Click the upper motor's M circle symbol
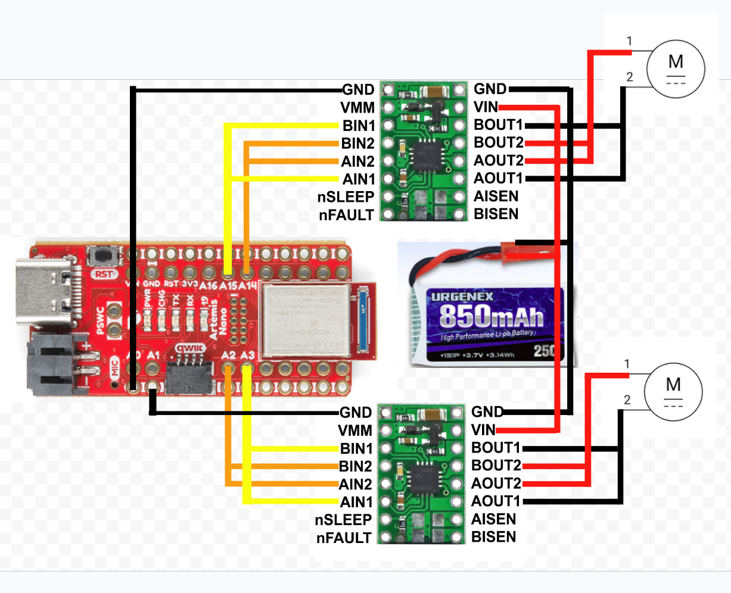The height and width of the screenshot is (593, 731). (676, 68)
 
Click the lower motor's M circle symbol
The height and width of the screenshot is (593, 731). (673, 392)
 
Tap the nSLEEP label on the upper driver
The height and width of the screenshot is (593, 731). (346, 197)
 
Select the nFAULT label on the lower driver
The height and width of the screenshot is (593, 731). (344, 538)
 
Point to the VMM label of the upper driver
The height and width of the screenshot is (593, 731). (357, 108)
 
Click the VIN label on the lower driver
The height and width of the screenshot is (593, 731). (483, 430)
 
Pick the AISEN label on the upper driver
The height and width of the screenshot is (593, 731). (496, 196)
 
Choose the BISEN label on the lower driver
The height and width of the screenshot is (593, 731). (493, 537)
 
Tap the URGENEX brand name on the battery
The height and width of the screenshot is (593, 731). (462, 296)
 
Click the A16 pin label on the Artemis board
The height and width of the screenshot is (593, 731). (209, 286)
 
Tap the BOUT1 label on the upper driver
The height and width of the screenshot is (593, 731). (498, 125)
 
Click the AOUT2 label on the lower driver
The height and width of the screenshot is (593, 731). (496, 483)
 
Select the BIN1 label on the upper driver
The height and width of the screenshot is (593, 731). (359, 126)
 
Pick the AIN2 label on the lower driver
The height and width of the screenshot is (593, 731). (356, 484)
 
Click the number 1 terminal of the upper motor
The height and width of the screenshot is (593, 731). (629, 41)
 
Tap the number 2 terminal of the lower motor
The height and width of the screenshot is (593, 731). (627, 400)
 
